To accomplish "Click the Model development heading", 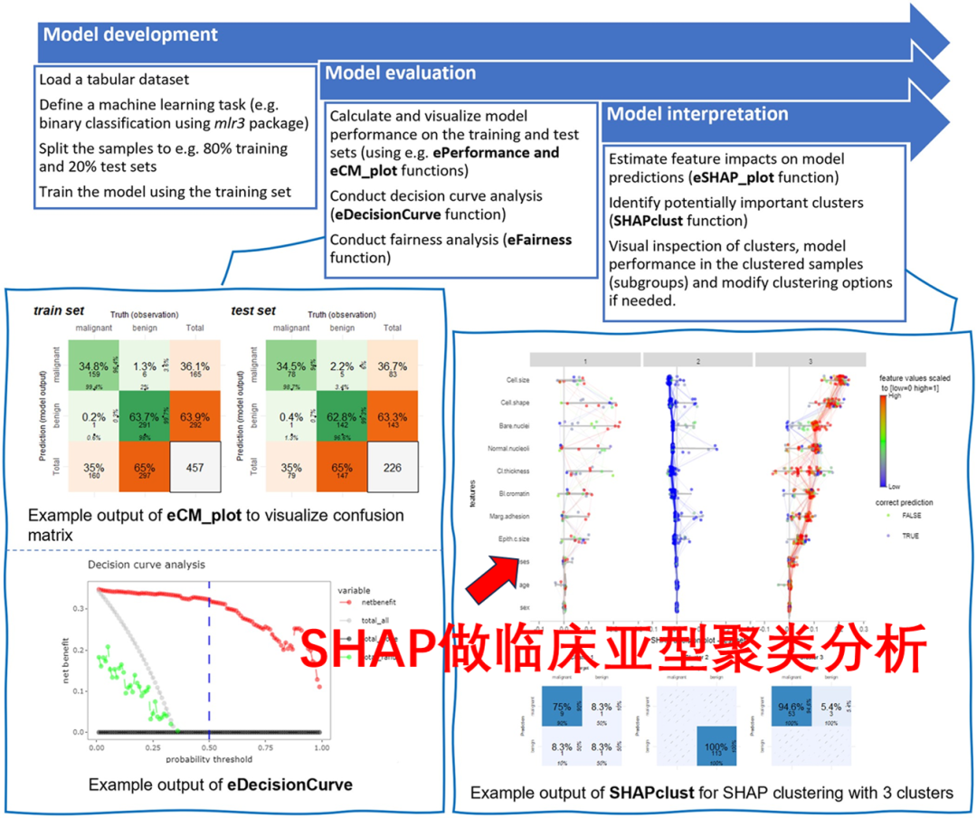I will [130, 35].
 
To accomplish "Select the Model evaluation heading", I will [400, 73].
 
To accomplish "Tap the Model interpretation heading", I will [697, 114].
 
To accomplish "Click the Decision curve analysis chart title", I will [146, 565].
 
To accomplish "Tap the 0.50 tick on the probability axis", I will [209, 749].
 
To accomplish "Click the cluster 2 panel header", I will [697, 360].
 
